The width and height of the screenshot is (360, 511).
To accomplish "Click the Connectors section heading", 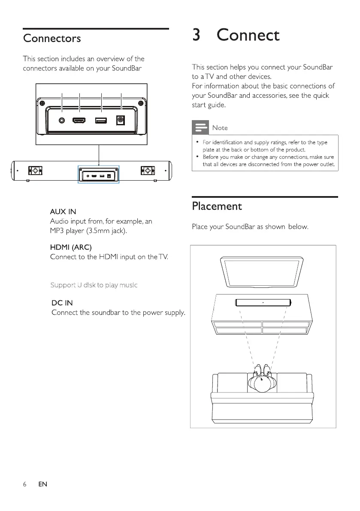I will point(52,38).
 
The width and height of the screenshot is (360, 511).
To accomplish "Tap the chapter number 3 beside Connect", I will point(197,35).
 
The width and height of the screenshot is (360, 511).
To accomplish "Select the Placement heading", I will point(217,206).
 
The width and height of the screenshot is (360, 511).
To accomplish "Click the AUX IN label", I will point(63,212).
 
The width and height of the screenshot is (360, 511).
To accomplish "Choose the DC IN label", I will point(62,303).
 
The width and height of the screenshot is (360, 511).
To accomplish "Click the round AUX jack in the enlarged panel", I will point(63,121).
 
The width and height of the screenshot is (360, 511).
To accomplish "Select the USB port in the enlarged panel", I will point(101,121).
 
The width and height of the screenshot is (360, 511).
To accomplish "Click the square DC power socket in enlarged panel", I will point(121,121).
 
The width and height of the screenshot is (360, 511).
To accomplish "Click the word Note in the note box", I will point(220,128).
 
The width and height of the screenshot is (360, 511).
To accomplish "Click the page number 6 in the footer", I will point(25,484).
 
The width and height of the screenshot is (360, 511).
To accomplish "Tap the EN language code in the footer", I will point(42,484).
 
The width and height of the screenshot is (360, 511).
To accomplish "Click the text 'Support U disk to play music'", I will point(94,285).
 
